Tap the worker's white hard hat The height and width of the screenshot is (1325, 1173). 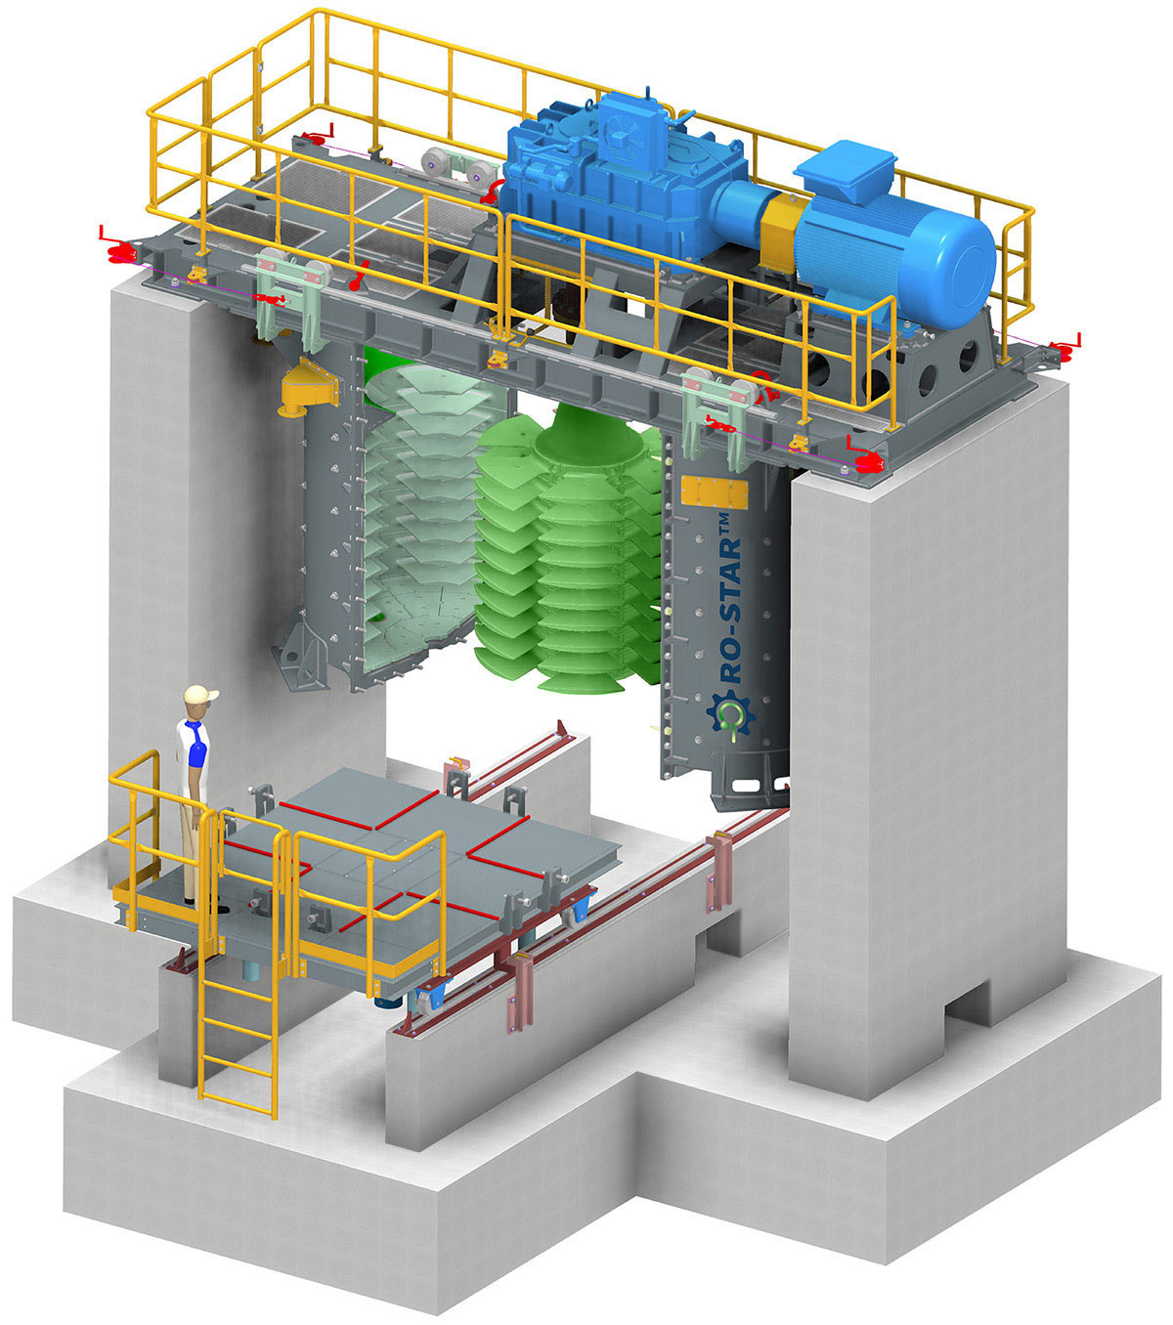click(199, 695)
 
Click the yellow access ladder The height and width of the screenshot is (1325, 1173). click(238, 1036)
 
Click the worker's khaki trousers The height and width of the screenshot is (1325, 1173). click(195, 831)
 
